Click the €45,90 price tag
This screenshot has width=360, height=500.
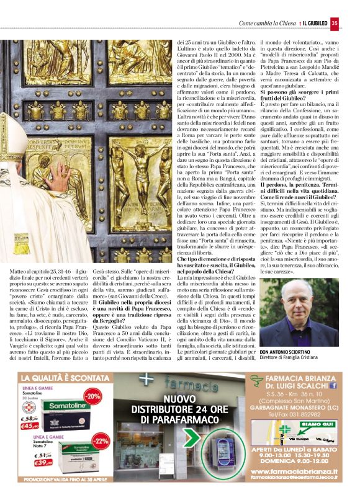coord(32,426)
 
